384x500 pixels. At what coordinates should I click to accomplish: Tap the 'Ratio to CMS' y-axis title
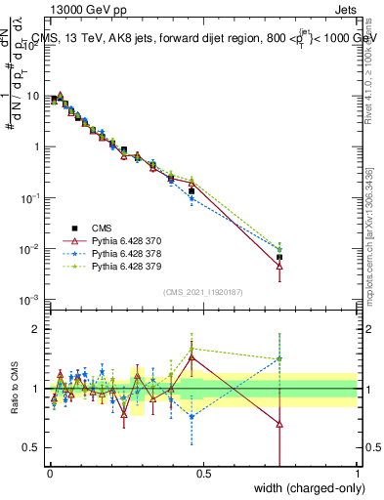tap(14, 391)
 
